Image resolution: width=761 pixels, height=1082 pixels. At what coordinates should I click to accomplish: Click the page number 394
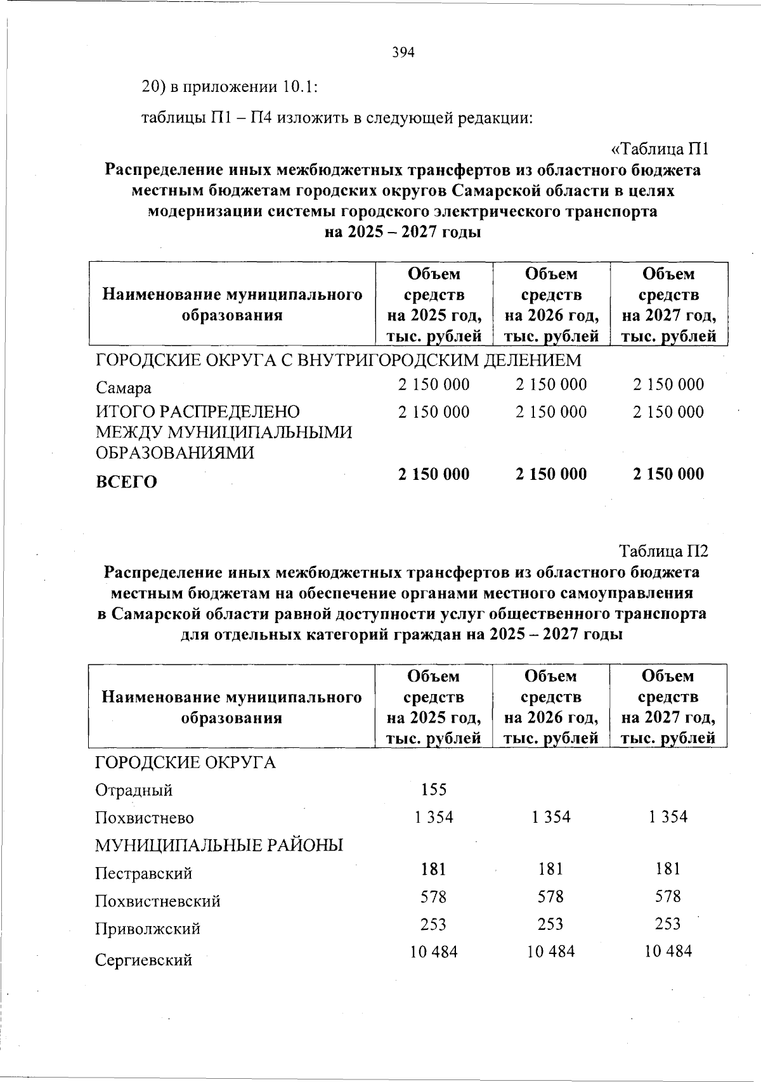403,53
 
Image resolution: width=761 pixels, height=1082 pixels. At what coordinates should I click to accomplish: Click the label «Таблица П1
658,150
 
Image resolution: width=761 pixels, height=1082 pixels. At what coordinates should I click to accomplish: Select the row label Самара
123,388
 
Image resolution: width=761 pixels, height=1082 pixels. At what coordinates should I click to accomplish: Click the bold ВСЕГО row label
126,482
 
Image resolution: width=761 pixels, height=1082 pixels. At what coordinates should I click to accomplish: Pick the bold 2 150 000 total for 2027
668,474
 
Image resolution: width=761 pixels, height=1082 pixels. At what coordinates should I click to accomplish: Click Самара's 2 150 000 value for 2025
434,384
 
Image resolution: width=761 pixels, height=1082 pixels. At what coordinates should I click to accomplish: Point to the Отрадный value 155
434,789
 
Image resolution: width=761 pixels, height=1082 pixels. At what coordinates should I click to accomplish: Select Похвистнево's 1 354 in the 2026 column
551,817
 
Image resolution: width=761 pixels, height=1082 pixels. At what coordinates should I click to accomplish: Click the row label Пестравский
143,873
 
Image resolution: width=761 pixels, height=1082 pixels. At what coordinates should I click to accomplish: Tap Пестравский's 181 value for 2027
668,868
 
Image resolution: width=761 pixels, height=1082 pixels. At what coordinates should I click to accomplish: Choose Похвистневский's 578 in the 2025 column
434,897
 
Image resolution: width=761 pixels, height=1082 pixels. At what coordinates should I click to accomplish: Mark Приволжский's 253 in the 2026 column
551,924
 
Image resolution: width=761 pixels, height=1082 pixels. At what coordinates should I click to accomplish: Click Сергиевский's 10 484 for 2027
668,951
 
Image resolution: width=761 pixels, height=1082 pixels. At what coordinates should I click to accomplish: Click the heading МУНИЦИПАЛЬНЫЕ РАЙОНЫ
219,846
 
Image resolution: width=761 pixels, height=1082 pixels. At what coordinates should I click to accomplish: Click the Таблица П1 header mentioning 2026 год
551,305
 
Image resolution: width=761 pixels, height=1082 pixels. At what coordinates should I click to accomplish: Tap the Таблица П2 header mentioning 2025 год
434,707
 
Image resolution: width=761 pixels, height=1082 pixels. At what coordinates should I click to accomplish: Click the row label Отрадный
133,790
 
